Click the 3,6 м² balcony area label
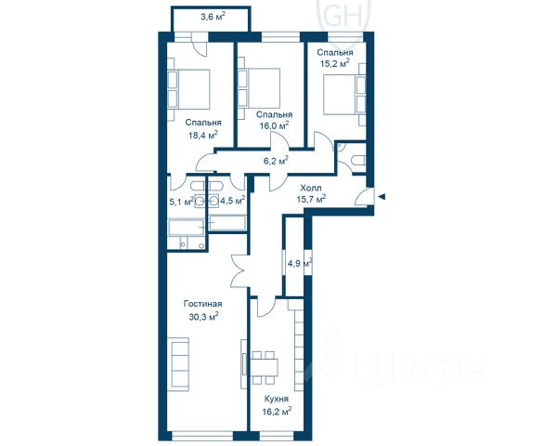click(x=213, y=17)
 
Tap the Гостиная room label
click(x=202, y=304)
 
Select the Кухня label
click(x=277, y=399)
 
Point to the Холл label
click(x=311, y=188)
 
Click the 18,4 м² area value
click(x=202, y=135)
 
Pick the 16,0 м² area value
click(x=274, y=125)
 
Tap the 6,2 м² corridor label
click(x=276, y=161)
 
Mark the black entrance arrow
click(x=382, y=197)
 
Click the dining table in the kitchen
click(x=265, y=368)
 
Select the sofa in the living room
click(x=180, y=364)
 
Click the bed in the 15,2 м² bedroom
click(x=344, y=95)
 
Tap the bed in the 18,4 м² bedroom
click(x=188, y=89)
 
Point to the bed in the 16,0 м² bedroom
click(x=259, y=88)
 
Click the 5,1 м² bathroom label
click(x=182, y=202)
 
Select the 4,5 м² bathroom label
click(x=233, y=201)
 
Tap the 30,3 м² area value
click(x=203, y=316)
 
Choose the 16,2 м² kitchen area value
click(x=277, y=412)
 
